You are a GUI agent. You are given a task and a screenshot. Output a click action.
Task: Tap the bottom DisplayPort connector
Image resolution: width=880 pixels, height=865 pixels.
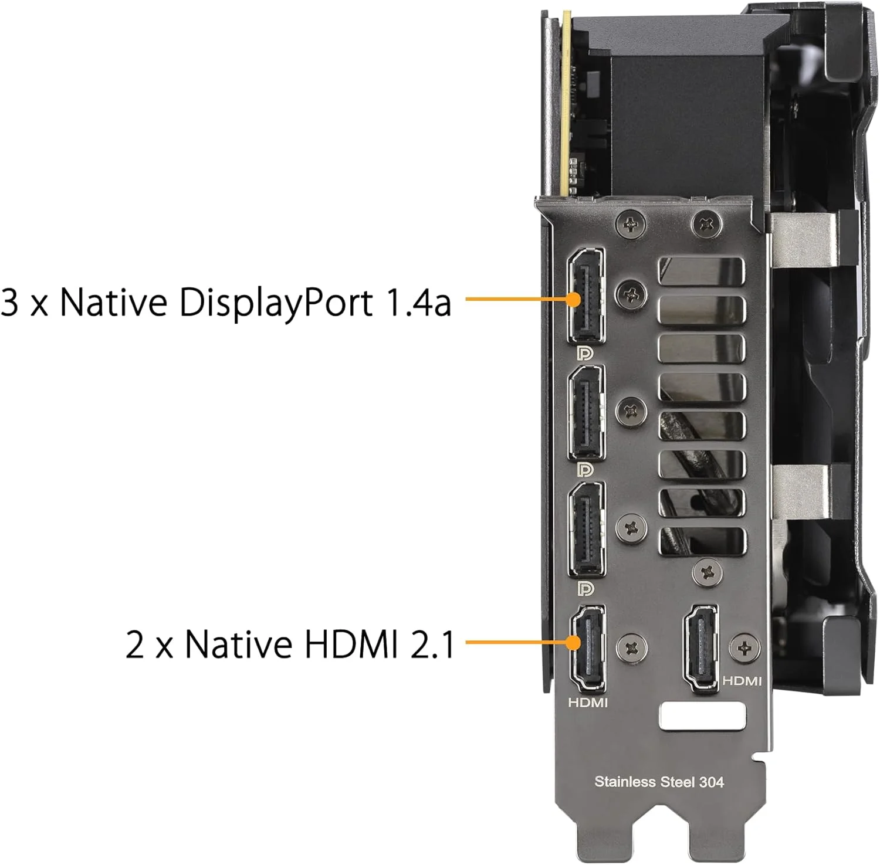click(586, 530)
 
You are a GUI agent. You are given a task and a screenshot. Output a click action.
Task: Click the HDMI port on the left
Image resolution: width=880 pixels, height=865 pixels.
click(587, 649)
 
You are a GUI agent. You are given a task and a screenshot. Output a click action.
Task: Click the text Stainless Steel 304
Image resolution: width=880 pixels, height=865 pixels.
click(659, 781)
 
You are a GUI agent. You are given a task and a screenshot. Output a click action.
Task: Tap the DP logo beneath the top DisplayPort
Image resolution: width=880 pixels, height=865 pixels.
click(585, 353)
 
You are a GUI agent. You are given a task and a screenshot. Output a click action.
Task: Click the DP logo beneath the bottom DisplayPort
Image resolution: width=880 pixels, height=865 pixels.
click(585, 588)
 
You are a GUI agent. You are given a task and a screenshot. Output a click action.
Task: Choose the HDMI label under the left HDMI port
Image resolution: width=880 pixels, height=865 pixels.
click(588, 702)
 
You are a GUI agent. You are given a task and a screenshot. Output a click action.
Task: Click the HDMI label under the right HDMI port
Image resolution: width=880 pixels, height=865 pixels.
click(742, 681)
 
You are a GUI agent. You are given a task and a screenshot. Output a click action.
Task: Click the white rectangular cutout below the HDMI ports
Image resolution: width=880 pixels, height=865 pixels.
click(703, 717)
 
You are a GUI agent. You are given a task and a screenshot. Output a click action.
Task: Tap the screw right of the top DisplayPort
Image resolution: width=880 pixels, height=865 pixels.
click(631, 292)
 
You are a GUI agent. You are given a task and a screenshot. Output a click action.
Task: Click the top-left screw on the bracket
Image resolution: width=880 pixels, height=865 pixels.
click(631, 224)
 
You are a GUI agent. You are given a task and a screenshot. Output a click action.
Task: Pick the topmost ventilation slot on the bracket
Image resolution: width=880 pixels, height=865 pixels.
click(702, 272)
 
